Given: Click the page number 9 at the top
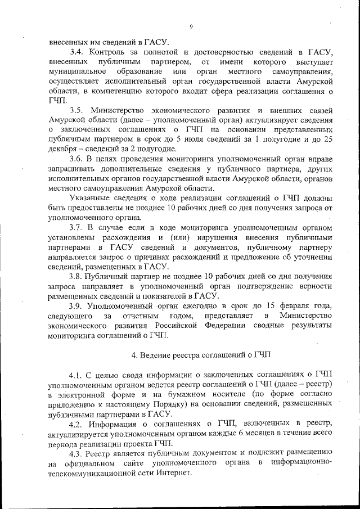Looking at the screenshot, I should pos(191,26).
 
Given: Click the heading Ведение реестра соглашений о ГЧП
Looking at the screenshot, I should pos(200,355).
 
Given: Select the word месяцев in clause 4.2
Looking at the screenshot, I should pos(242,433).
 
